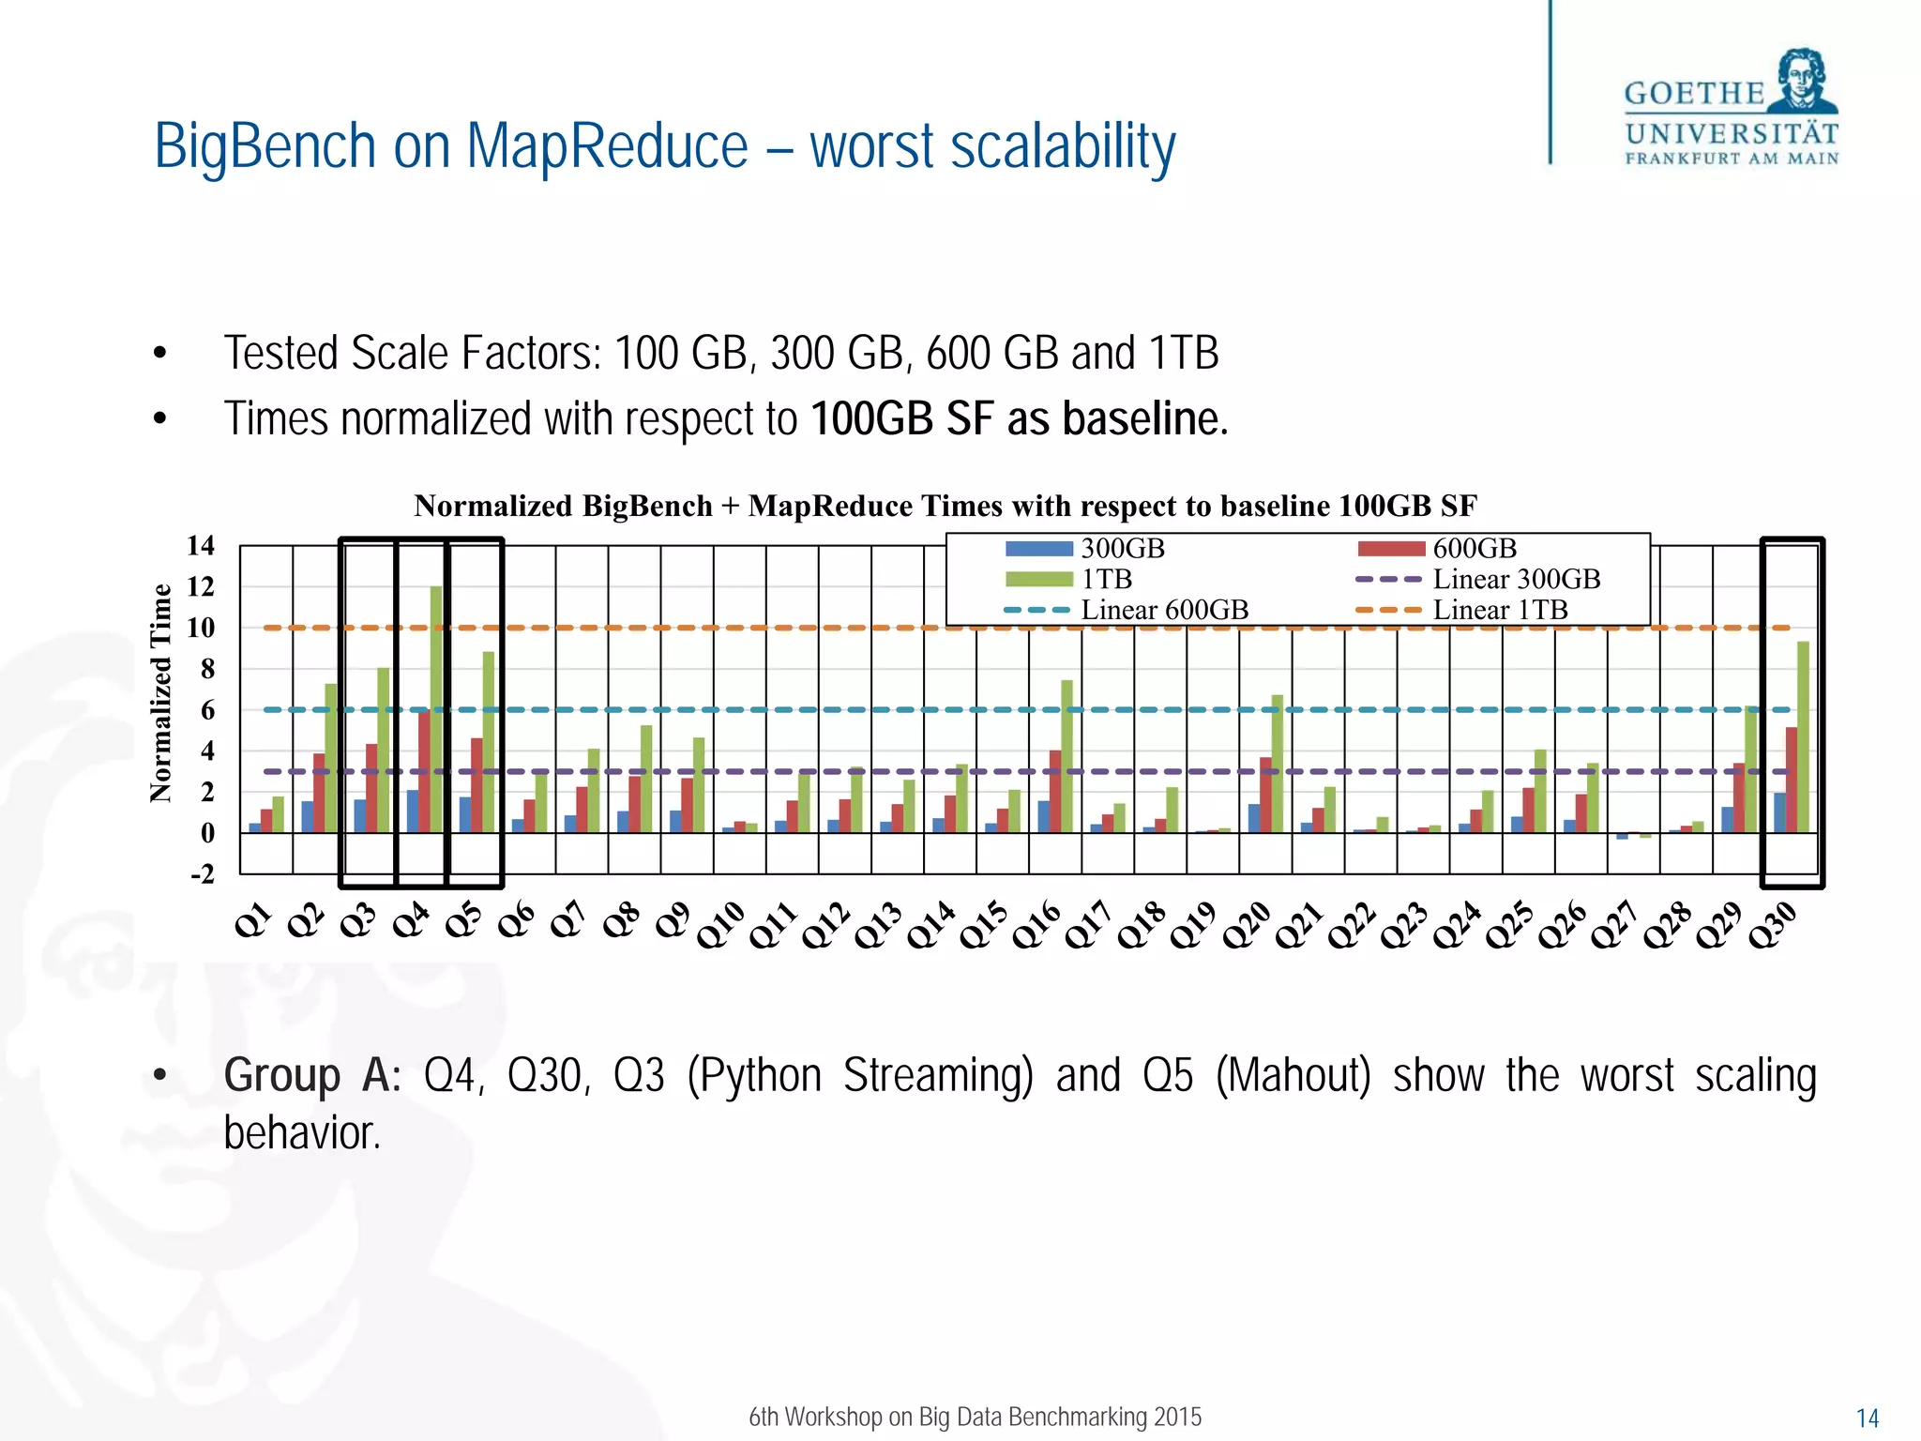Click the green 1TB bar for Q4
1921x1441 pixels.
pyautogui.click(x=436, y=709)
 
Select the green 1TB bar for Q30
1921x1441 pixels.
pyautogui.click(x=1803, y=737)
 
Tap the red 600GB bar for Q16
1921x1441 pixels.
pyautogui.click(x=1055, y=791)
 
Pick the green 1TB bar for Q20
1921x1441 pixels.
pyautogui.click(x=1277, y=764)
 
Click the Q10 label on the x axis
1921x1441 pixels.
pyautogui.click(x=720, y=925)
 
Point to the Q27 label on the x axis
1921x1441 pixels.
pyautogui.click(x=1614, y=925)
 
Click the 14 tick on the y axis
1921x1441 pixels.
pyautogui.click(x=200, y=545)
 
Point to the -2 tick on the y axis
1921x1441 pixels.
pyautogui.click(x=202, y=874)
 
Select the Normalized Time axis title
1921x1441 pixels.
pyautogui.click(x=161, y=692)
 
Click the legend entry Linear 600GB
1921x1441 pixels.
pyautogui.click(x=1164, y=610)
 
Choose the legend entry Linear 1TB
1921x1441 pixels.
pyautogui.click(x=1500, y=610)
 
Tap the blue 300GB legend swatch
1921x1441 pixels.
pyautogui.click(x=1038, y=549)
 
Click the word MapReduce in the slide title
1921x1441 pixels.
pyautogui.click(x=607, y=147)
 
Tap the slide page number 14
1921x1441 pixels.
pyautogui.click(x=1867, y=1418)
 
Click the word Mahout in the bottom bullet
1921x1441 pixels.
pyautogui.click(x=1293, y=1075)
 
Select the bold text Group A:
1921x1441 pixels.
pyautogui.click(x=311, y=1075)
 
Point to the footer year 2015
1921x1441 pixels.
pyautogui.click(x=1177, y=1417)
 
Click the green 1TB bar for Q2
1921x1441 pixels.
pyautogui.click(x=331, y=758)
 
